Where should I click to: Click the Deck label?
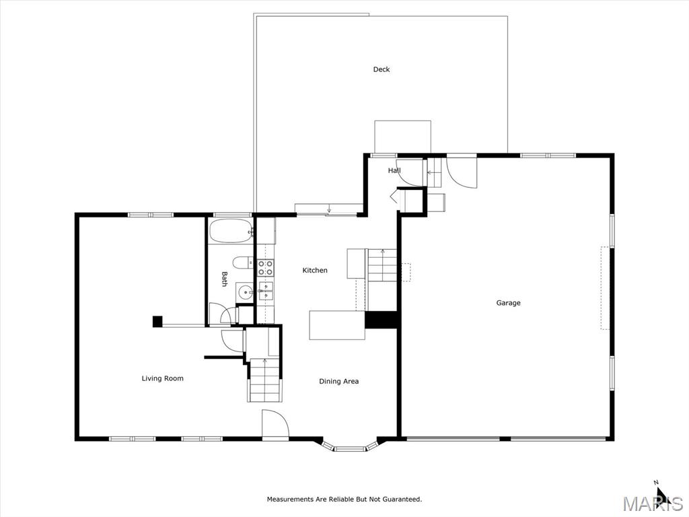[x=382, y=69]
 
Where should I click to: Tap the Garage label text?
[x=509, y=303]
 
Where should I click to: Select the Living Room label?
[x=163, y=378]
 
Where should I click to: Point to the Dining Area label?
[x=339, y=382]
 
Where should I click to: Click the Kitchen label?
[x=315, y=271]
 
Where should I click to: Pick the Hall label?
[x=394, y=170]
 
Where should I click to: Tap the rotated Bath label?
[x=225, y=279]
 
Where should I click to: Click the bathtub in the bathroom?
[x=231, y=232]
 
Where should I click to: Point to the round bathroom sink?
[x=245, y=291]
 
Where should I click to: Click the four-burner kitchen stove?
[x=265, y=268]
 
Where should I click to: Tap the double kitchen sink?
[x=265, y=291]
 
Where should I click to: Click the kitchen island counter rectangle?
[x=338, y=325]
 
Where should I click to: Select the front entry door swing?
[x=275, y=424]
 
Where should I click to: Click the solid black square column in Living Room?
[x=157, y=321]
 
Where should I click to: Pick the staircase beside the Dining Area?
[x=264, y=380]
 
